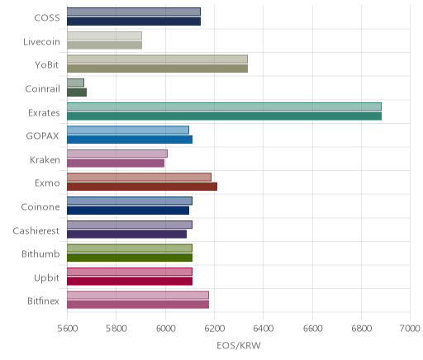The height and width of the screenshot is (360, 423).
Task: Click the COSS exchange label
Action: click(x=47, y=18)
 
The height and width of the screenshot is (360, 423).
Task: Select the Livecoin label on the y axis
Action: click(x=41, y=42)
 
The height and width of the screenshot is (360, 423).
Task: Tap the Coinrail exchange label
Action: click(x=42, y=89)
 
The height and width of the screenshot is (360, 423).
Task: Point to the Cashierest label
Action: click(x=36, y=230)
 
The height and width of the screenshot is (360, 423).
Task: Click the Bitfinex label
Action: click(x=43, y=301)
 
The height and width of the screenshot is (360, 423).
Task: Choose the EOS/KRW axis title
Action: click(x=239, y=345)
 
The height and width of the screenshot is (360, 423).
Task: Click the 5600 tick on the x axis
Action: click(x=67, y=329)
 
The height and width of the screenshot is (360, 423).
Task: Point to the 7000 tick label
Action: click(x=410, y=329)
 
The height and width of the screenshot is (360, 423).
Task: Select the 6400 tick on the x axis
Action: click(x=264, y=329)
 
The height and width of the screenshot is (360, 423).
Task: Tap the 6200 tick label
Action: click(x=214, y=329)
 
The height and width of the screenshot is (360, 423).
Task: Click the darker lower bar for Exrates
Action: click(x=224, y=116)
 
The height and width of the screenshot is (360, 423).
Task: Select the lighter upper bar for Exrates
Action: click(x=224, y=107)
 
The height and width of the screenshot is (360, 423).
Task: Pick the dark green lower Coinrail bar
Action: click(x=77, y=92)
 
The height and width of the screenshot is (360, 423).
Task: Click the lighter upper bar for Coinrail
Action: click(x=75, y=83)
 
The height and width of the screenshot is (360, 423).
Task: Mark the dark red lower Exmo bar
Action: click(x=142, y=187)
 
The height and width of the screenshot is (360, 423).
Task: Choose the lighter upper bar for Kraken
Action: click(x=117, y=154)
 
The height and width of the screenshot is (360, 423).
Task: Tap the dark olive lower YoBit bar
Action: click(x=157, y=69)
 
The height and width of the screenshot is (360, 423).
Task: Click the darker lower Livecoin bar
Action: click(x=105, y=45)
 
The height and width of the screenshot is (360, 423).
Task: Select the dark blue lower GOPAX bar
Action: click(x=130, y=140)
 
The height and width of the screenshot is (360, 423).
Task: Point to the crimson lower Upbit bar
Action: click(x=130, y=282)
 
